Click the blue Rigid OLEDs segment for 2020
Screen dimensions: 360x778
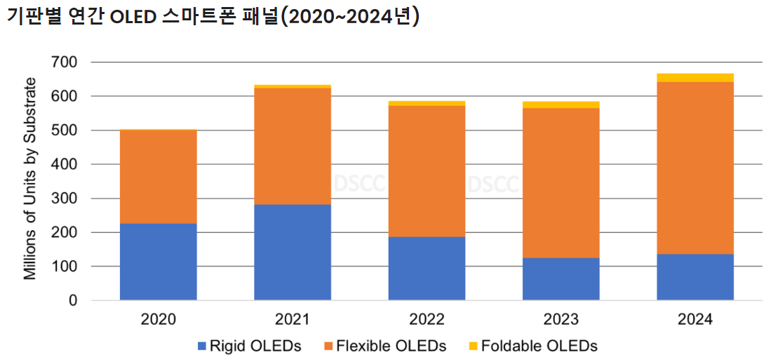click(158, 262)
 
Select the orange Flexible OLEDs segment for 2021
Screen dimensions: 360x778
click(293, 146)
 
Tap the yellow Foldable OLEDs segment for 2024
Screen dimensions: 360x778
click(695, 77)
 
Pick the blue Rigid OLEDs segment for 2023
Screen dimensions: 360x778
click(561, 279)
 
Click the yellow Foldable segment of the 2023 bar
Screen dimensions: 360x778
click(561, 105)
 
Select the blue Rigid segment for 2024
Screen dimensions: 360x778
click(695, 277)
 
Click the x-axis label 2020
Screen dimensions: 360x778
click(158, 320)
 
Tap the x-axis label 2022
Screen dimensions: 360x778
click(427, 320)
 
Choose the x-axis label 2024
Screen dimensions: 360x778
click(695, 320)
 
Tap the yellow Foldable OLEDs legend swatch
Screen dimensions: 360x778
click(473, 346)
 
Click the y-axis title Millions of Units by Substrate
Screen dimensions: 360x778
click(30, 179)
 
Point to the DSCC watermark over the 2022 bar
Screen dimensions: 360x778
click(358, 184)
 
